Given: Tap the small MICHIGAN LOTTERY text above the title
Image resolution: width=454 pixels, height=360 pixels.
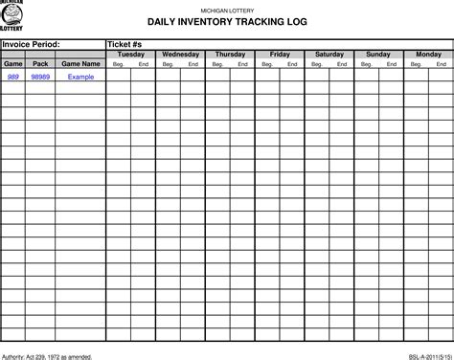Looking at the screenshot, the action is pos(227,8).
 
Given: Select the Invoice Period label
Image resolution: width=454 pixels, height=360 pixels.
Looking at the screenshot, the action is pos(33,44).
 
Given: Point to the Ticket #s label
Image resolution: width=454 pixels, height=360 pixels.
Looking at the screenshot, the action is pos(125,44).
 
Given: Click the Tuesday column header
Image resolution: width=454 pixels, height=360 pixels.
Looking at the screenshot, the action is pos(130,55).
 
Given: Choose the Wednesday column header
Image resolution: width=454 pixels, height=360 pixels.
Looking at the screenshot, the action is pos(180,55).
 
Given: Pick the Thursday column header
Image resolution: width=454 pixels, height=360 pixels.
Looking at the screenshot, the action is pos(230,55).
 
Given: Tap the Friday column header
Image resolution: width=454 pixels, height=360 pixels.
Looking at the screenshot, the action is pos(280,55).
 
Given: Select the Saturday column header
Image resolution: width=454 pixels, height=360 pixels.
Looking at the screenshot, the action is pos(329,55).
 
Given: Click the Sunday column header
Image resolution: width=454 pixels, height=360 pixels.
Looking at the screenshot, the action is pos(378,55).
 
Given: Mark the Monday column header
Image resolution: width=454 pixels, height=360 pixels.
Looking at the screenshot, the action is pos(428,55).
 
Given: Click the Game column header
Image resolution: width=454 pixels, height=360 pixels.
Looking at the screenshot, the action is pos(13,63).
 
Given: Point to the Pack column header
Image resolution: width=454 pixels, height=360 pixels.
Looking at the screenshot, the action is pos(40,63).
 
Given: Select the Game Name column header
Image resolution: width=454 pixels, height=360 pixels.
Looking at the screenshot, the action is pos(80,63).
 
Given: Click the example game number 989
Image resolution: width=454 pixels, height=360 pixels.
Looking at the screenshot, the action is pos(13,76).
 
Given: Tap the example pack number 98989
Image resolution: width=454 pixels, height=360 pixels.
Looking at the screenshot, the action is pos(40,76).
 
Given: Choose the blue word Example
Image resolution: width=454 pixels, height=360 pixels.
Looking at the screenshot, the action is pos(80,76).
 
